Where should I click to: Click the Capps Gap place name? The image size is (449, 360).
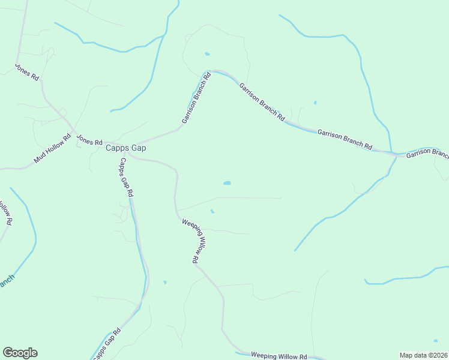click(126, 148)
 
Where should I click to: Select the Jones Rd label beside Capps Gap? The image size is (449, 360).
click(90, 140)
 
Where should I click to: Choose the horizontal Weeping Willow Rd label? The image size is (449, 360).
click(279, 356)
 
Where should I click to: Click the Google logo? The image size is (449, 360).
click(20, 353)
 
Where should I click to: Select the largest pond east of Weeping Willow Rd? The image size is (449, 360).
click(227, 183)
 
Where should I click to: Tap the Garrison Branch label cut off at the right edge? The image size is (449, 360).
click(427, 155)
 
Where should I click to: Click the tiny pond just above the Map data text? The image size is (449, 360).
click(436, 341)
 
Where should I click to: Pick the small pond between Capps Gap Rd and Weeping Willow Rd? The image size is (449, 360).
click(165, 282)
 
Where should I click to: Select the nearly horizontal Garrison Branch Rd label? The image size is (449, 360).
click(345, 140)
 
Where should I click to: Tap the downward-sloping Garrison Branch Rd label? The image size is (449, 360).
click(262, 103)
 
